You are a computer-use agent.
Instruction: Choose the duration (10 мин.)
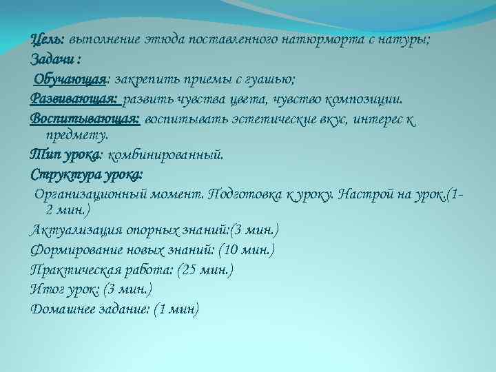coord(249,249)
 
